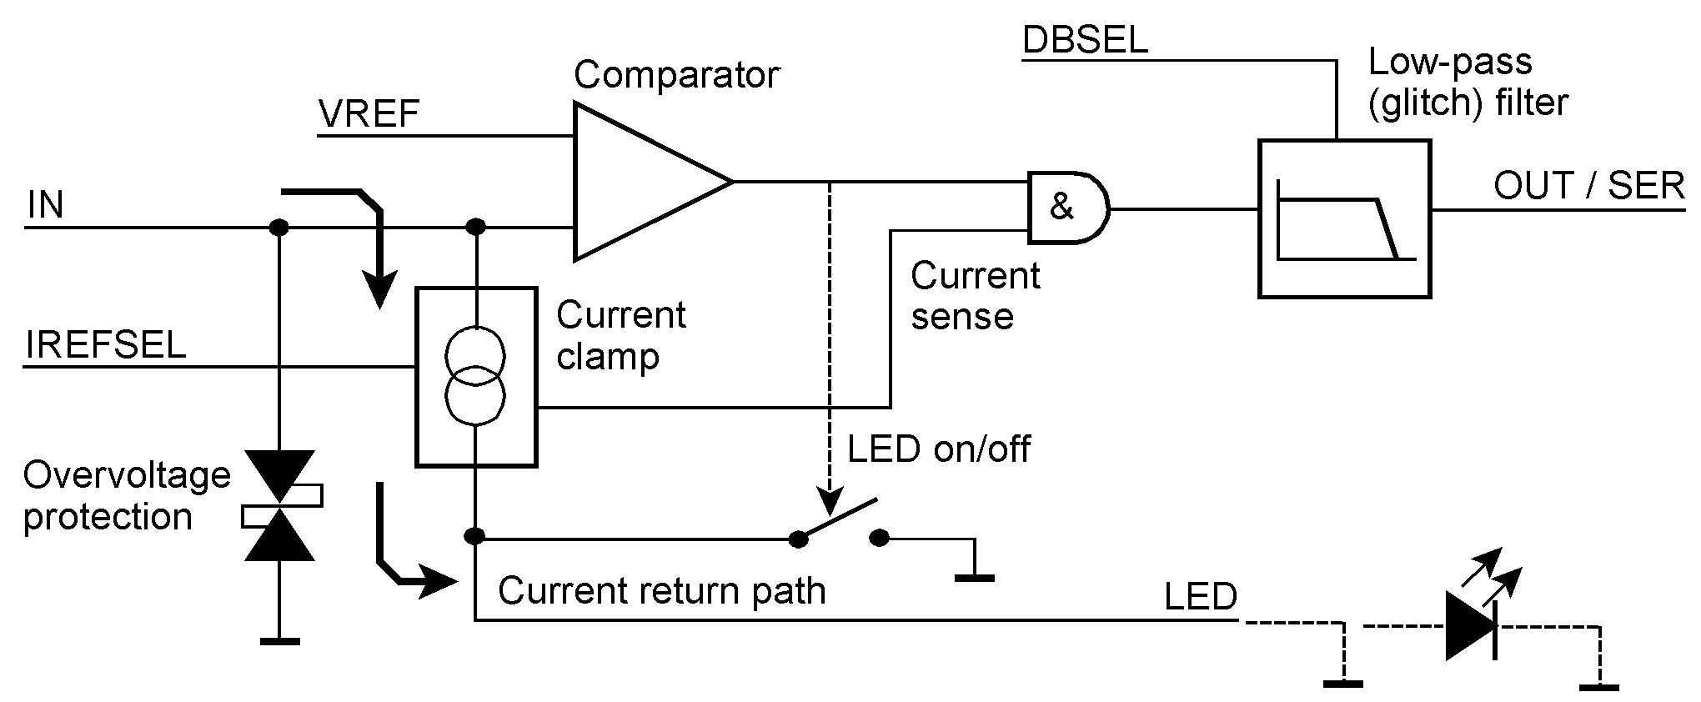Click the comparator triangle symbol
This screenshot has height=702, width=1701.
(642, 181)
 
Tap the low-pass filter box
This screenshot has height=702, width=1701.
(1344, 218)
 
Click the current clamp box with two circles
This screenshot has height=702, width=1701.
(475, 376)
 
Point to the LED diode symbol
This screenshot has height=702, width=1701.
(1471, 625)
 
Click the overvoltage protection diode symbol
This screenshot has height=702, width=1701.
(278, 505)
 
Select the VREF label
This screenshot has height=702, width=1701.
(369, 114)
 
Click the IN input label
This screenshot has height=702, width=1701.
(45, 205)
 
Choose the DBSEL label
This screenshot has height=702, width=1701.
(1085, 41)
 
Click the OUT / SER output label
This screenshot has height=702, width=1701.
(1588, 186)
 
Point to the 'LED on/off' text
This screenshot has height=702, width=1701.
(939, 449)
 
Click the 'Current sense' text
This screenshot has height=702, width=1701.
(975, 296)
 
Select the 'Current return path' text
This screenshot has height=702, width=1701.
(661, 591)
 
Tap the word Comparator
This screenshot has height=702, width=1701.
(676, 75)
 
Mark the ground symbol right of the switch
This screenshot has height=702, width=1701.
(973, 576)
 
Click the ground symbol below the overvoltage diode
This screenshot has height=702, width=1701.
(278, 640)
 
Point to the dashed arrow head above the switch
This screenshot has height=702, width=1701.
(829, 503)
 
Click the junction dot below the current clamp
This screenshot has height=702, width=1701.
(474, 536)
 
